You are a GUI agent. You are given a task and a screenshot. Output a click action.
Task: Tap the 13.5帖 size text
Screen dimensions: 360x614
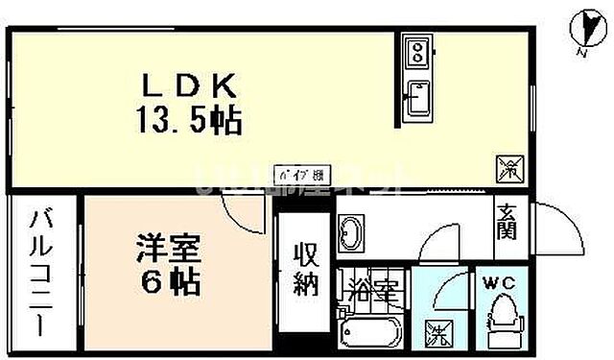(190, 122)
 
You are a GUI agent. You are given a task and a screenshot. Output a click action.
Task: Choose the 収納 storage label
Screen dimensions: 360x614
(306, 272)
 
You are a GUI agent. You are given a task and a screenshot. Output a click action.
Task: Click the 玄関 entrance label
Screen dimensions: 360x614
(508, 224)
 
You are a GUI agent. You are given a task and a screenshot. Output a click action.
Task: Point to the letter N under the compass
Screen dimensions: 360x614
(580, 54)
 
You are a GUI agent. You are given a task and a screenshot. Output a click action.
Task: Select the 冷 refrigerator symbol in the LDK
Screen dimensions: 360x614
(508, 170)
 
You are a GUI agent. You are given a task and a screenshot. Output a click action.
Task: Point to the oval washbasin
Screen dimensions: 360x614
(352, 232)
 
